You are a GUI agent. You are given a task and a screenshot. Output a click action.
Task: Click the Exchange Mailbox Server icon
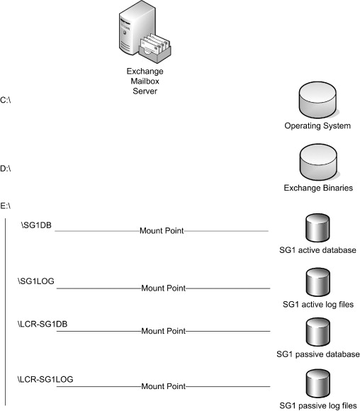click(145, 31)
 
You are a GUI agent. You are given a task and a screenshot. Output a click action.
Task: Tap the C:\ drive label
click(6, 100)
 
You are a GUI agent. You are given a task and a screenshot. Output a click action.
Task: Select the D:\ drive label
click(6, 168)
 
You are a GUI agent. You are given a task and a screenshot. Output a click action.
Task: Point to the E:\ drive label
click(6, 205)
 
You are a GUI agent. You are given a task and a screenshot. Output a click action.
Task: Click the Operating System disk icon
click(317, 100)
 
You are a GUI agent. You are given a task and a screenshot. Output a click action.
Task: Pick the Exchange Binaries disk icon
click(319, 162)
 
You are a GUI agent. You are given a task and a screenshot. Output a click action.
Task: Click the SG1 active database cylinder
click(317, 227)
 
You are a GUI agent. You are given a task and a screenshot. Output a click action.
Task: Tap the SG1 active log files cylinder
click(317, 282)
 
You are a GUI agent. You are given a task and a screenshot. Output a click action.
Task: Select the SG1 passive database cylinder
click(317, 332)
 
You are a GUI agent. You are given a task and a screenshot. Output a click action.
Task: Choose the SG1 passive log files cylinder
click(317, 383)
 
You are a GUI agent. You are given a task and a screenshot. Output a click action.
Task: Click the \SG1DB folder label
click(36, 225)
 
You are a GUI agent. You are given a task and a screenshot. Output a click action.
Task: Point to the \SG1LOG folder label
click(36, 281)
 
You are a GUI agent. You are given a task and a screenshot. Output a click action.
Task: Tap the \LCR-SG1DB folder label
click(43, 324)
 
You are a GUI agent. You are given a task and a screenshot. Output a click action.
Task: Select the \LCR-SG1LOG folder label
click(45, 379)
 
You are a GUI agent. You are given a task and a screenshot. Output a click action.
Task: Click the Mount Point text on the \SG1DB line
click(162, 231)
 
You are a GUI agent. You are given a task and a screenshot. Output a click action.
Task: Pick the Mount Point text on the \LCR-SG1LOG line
click(164, 386)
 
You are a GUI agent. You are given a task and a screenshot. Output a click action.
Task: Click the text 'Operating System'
click(317, 126)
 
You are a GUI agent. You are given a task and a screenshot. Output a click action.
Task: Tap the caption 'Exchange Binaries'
click(318, 188)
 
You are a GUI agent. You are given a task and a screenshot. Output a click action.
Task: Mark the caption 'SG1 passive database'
click(318, 354)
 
